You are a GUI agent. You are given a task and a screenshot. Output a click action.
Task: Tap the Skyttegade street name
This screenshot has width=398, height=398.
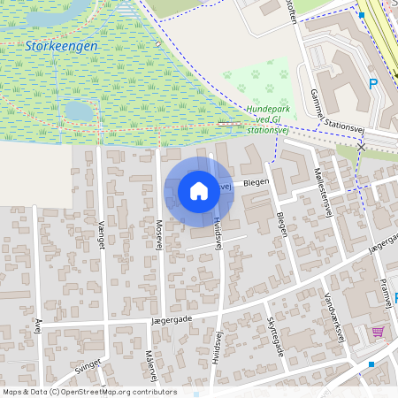click(275, 335)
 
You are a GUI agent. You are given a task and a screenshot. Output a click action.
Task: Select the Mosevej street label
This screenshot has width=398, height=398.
click(160, 234)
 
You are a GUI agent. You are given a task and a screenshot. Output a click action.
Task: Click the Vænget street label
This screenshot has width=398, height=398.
click(102, 235)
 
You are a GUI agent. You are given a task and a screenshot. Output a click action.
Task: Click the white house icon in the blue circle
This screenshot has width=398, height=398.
click(199, 191)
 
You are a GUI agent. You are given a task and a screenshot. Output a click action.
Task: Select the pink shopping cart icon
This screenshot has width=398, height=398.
click(379, 332)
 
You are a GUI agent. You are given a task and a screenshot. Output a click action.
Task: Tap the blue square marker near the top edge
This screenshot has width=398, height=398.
click(361, 15)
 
